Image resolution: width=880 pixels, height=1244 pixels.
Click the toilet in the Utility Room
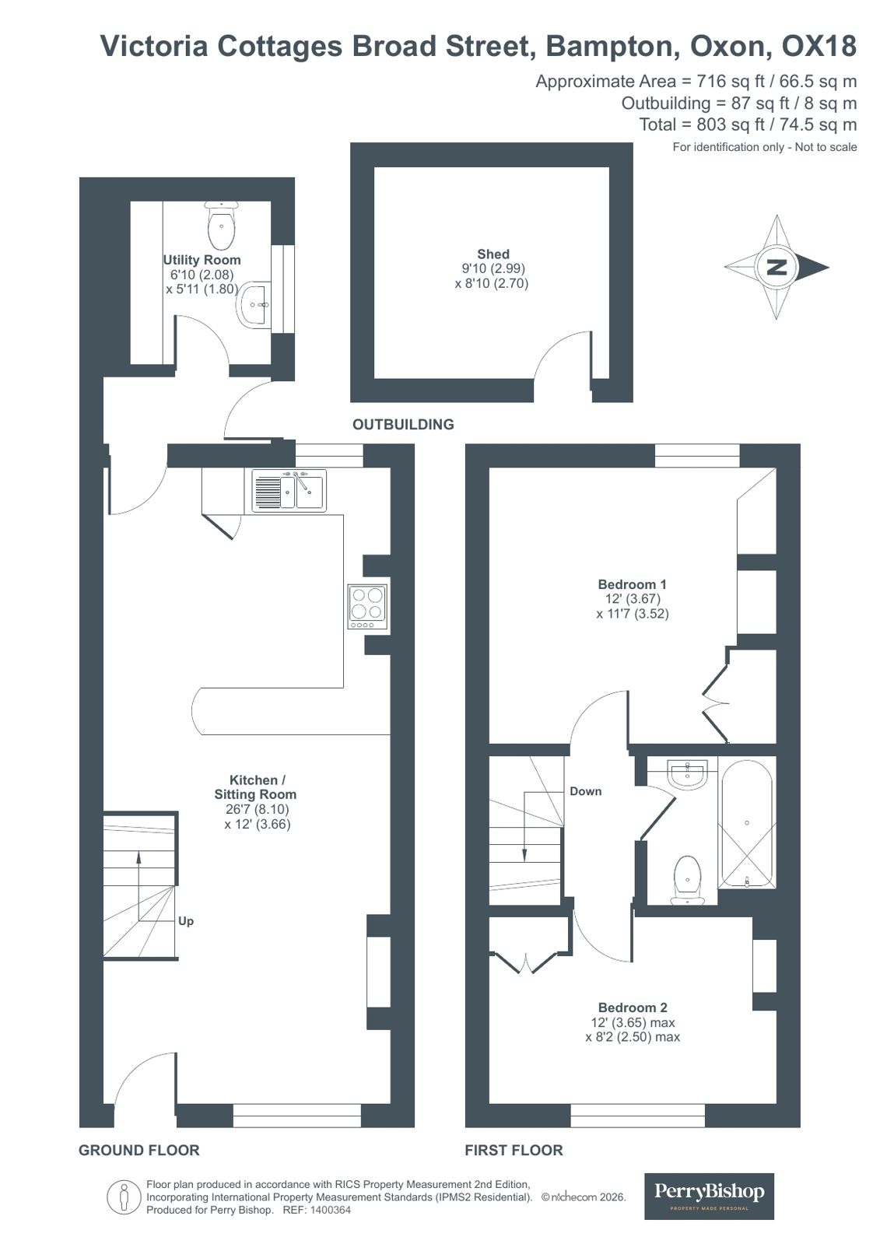click(222, 225)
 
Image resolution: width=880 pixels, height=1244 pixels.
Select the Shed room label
click(493, 254)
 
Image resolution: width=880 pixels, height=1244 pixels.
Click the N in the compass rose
click(777, 267)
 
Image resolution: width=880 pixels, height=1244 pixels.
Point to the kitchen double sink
click(289, 490)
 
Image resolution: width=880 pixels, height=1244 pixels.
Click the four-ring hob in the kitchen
click(367, 605)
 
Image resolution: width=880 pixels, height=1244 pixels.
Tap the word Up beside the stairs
click(186, 921)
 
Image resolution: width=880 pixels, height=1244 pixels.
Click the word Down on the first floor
click(585, 791)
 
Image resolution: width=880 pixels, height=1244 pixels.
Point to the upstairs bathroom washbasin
click(688, 773)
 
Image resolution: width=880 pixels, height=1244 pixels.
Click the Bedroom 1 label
click(632, 584)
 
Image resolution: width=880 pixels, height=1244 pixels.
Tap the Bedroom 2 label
click(632, 1007)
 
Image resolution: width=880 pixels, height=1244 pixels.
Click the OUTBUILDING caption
click(403, 424)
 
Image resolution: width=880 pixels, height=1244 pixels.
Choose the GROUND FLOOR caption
click(139, 1150)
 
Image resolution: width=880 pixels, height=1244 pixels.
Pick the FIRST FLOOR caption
click(514, 1150)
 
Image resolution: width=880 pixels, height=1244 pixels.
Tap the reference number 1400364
click(331, 1211)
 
